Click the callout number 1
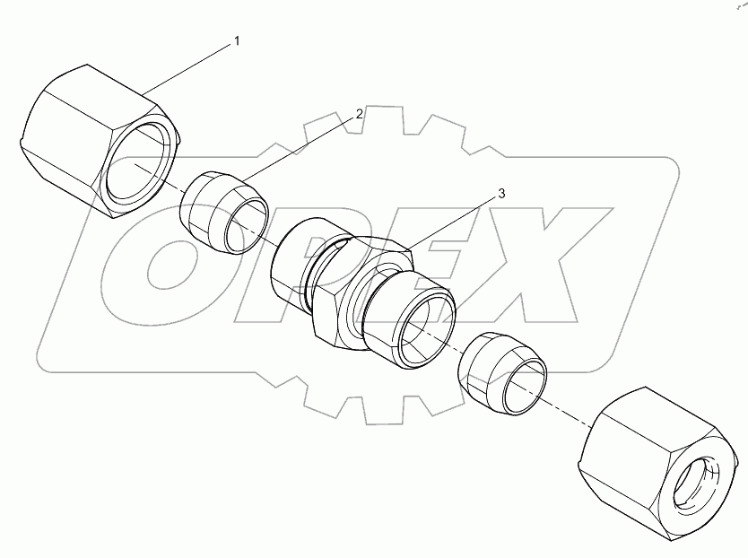coord(236,41)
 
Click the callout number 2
coord(359,114)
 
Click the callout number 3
coord(500,194)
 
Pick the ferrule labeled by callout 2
coord(223,213)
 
